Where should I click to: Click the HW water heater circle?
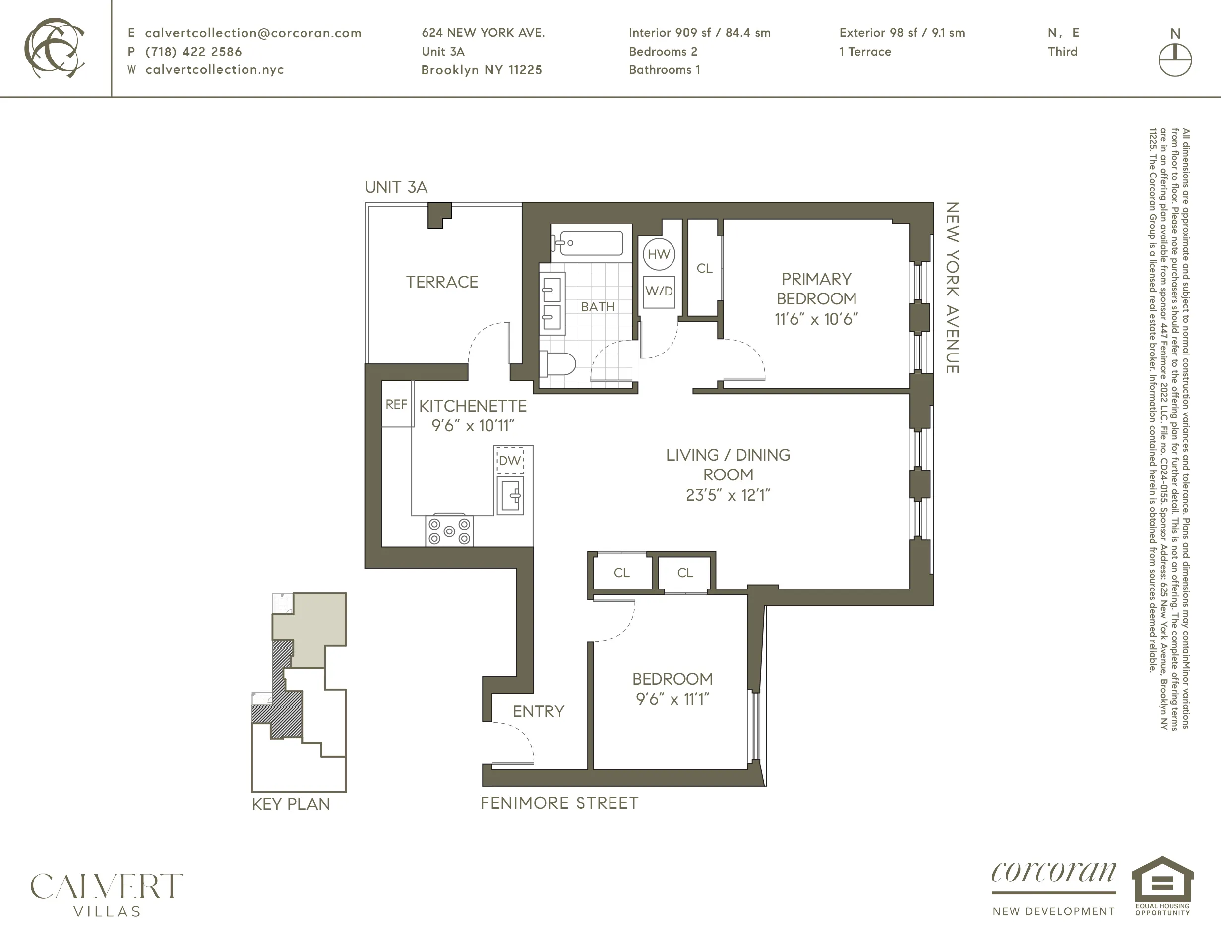(x=659, y=254)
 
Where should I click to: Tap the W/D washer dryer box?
(x=659, y=291)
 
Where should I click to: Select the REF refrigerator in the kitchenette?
(x=397, y=404)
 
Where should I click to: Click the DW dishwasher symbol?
(x=510, y=461)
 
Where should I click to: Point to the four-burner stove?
(x=449, y=530)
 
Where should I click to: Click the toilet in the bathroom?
(x=557, y=364)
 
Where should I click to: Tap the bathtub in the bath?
(x=588, y=243)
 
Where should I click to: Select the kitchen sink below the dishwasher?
(x=510, y=495)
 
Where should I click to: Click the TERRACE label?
(x=442, y=282)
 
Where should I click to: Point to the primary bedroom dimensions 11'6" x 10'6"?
(x=816, y=319)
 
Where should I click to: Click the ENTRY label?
(x=539, y=711)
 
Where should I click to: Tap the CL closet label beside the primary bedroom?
(x=704, y=269)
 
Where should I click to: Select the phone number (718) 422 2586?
(x=193, y=52)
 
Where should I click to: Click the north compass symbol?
(x=1174, y=59)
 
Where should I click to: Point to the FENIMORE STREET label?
(x=559, y=803)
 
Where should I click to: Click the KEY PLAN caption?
(x=291, y=804)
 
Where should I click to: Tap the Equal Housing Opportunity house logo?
(x=1162, y=881)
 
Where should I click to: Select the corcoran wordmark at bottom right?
(x=1053, y=873)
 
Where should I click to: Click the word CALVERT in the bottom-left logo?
(x=106, y=886)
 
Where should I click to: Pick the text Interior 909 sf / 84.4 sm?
(x=699, y=32)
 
